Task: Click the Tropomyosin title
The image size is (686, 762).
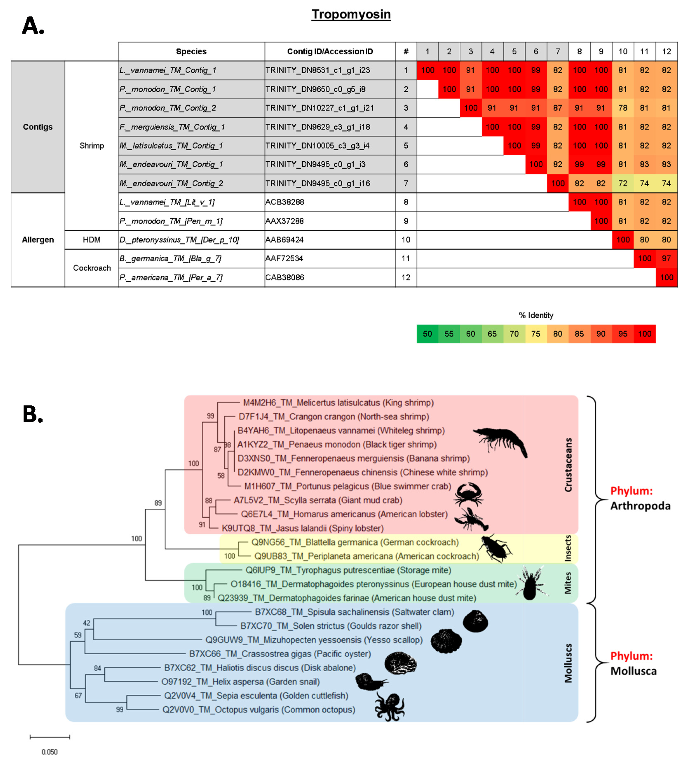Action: (351, 14)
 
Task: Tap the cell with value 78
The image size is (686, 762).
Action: (623, 108)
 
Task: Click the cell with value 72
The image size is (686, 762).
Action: (623, 183)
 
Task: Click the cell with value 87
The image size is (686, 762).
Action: (557, 108)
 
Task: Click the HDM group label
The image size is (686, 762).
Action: (92, 240)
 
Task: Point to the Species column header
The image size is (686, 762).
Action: (191, 52)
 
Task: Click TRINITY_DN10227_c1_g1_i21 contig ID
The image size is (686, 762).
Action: (319, 108)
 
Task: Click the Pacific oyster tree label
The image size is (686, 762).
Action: (280, 654)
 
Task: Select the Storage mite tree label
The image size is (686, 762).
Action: (348, 570)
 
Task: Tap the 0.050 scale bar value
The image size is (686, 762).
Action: (49, 752)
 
